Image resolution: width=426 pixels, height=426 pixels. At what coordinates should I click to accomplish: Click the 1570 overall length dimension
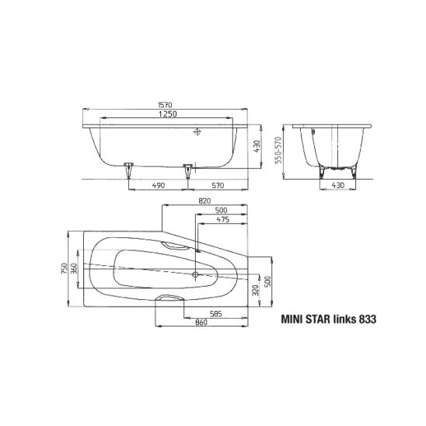(165, 105)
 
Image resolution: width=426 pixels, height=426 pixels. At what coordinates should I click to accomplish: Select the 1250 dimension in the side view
(168, 113)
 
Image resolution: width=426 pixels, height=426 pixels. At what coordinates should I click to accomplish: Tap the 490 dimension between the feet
(159, 185)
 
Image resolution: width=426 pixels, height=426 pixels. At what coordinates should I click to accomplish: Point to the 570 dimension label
(218, 185)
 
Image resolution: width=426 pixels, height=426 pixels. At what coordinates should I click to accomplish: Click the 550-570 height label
(278, 150)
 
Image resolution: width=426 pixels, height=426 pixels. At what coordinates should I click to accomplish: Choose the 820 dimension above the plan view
(204, 201)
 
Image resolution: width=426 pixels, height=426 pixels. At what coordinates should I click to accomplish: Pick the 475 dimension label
(223, 219)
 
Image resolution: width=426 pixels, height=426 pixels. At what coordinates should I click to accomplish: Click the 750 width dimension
(64, 268)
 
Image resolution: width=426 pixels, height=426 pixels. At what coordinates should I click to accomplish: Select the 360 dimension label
(74, 268)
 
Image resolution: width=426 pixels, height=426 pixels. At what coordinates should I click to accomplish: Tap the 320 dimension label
(256, 290)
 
